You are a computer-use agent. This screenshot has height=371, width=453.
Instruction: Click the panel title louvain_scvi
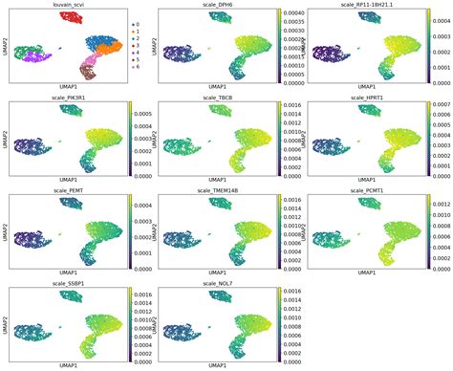click(58, 5)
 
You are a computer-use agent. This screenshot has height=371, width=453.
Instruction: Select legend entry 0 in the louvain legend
click(136, 22)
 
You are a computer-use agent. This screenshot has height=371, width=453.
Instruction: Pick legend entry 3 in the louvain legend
click(136, 45)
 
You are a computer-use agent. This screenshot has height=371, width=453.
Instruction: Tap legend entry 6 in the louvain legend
click(136, 68)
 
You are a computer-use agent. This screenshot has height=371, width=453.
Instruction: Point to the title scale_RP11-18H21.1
click(366, 5)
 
